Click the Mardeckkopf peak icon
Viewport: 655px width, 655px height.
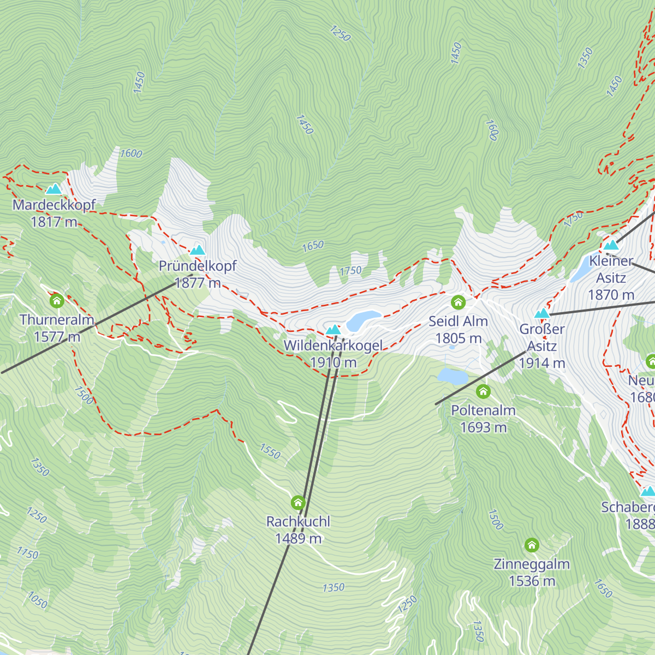[53, 189]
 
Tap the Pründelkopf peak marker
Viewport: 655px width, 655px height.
[197, 251]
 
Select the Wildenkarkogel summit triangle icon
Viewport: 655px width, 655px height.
[333, 330]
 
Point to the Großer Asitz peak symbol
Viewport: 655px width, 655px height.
[541, 314]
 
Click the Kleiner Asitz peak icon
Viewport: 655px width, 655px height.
[611, 245]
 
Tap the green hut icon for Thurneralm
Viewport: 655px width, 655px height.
[57, 301]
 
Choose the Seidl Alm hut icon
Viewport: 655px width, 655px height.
[458, 302]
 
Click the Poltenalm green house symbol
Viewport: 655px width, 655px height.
[483, 391]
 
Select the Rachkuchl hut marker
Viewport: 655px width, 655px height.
[298, 502]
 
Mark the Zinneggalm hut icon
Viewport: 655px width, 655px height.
[532, 545]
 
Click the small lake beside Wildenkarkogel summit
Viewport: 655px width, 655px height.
[363, 320]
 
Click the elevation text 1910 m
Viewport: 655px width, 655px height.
[333, 362]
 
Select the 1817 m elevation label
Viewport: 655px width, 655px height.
[53, 222]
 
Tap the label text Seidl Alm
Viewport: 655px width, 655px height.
[458, 321]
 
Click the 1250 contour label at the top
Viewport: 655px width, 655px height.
[340, 33]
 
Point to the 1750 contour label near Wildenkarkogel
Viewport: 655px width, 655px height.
[350, 271]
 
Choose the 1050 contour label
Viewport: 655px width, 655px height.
[37, 601]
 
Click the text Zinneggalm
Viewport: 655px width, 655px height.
[532, 564]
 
